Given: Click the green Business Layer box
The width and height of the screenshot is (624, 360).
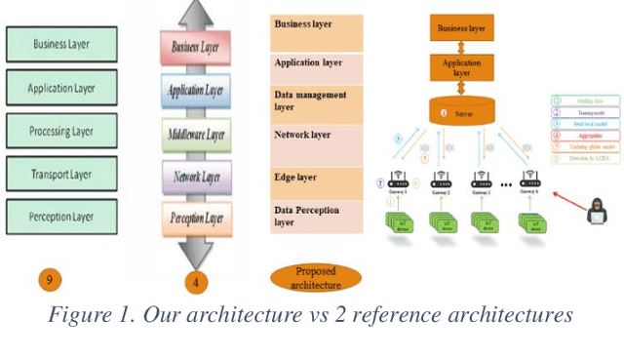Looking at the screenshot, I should (61, 44).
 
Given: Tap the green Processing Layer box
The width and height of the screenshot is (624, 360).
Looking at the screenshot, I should (61, 131).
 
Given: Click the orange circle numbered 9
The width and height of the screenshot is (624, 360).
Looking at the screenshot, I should (51, 280).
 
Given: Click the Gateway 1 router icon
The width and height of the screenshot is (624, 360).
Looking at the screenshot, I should (399, 180).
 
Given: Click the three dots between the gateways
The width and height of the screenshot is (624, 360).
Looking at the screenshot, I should (507, 182).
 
